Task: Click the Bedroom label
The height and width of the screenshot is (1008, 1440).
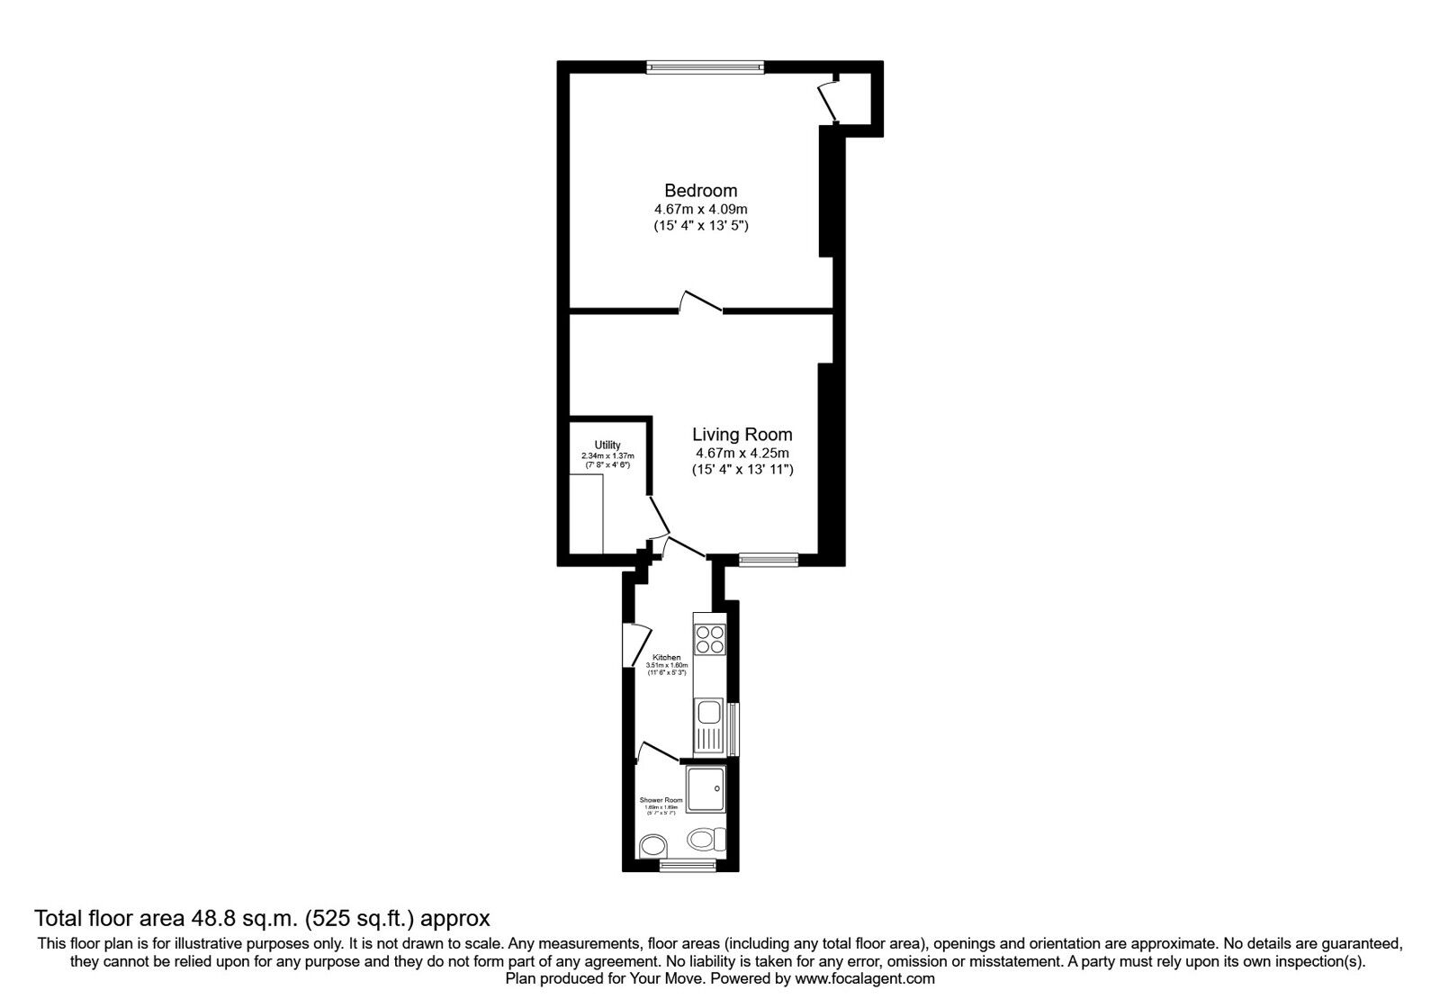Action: pyautogui.click(x=700, y=191)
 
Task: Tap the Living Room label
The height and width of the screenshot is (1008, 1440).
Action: pyautogui.click(x=742, y=435)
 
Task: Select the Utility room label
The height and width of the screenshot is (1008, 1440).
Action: pyautogui.click(x=607, y=445)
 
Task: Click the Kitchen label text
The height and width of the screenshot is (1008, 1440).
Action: pyautogui.click(x=667, y=658)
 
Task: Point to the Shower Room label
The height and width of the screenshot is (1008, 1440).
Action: pyautogui.click(x=661, y=800)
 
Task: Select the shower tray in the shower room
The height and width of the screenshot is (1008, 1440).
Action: pyautogui.click(x=705, y=791)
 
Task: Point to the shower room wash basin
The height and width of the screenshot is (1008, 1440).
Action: pyautogui.click(x=652, y=846)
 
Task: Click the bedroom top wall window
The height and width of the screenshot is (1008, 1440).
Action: pyautogui.click(x=706, y=66)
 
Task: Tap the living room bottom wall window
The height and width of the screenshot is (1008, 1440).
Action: pyautogui.click(x=769, y=559)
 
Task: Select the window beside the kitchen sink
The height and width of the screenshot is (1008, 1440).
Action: pyautogui.click(x=733, y=729)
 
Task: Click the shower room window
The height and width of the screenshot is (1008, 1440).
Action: pyautogui.click(x=688, y=866)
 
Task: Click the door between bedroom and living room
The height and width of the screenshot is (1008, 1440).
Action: pyautogui.click(x=701, y=304)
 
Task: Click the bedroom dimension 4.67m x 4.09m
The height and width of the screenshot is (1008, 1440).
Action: pyautogui.click(x=700, y=209)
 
